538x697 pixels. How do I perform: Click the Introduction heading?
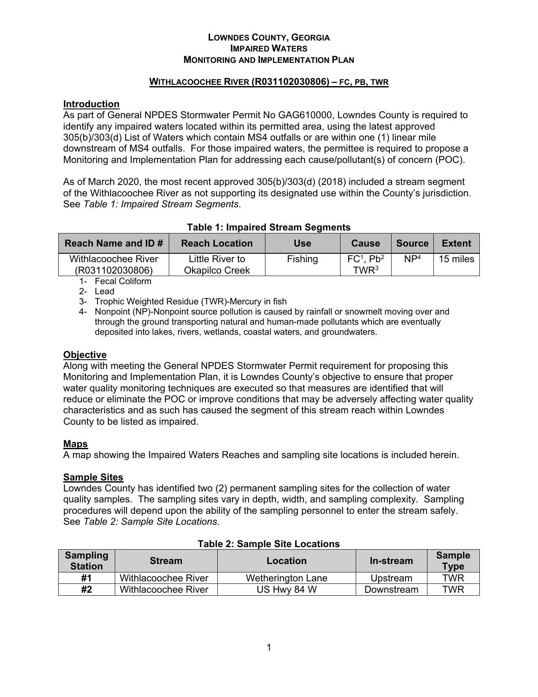[91, 104]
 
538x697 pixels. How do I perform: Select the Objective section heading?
[85, 355]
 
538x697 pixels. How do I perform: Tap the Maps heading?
[76, 444]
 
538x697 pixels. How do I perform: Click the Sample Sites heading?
[93, 477]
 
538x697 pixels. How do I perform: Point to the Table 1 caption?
[269, 227]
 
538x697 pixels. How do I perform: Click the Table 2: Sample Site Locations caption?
[269, 544]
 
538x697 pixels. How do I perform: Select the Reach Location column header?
[217, 243]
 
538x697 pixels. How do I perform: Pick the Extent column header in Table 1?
[456, 243]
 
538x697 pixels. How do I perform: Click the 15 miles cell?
[456, 259]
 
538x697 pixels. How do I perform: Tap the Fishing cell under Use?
[302, 259]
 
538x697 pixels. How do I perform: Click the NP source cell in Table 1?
[412, 259]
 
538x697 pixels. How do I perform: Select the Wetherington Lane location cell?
[287, 578]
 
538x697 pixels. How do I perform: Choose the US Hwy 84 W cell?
[287, 589]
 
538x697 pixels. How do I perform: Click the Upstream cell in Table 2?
[391, 578]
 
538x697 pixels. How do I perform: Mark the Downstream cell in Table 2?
[391, 589]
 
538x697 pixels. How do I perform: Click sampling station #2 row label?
[87, 589]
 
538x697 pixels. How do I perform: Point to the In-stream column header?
[391, 561]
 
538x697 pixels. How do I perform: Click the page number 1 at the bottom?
[269, 647]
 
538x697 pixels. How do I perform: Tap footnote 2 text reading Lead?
[104, 291]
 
